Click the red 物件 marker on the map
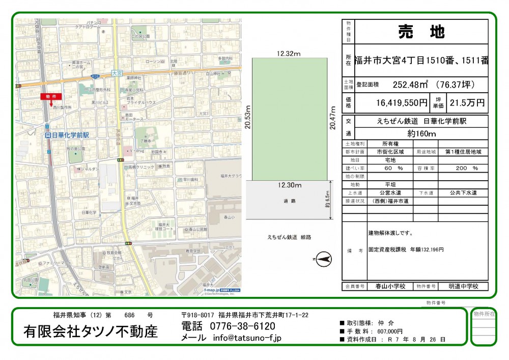50,96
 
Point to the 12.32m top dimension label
289,53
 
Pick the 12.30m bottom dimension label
289,185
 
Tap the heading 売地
421,32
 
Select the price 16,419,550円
402,103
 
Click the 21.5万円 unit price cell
467,103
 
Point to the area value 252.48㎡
412,85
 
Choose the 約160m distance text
421,134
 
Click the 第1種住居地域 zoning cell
463,152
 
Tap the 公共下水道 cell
463,193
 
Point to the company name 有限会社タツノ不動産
91,331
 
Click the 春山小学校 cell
390,286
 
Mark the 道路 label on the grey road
289,201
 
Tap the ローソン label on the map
153,62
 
